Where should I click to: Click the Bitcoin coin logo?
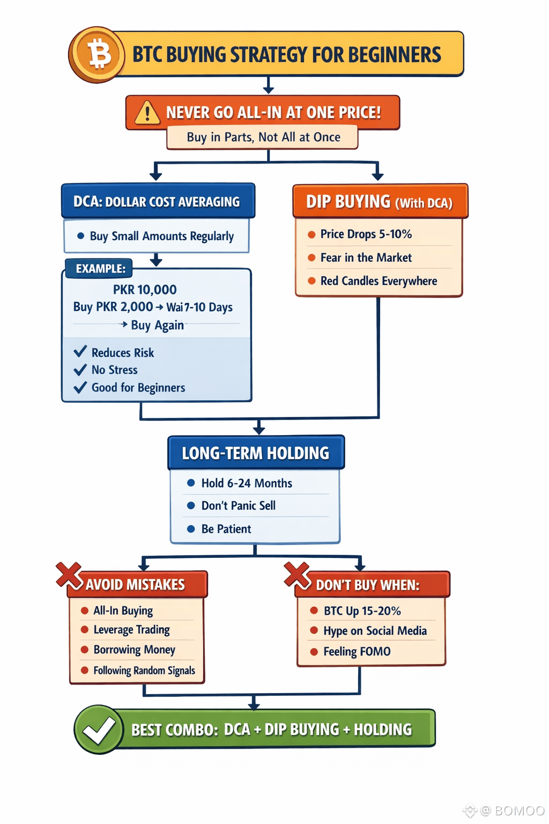(97, 55)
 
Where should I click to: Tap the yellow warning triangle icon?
(147, 113)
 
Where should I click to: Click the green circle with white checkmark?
(99, 730)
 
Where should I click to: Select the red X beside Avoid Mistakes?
(69, 575)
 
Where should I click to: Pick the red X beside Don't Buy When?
(297, 575)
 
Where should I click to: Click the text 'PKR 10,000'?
(145, 290)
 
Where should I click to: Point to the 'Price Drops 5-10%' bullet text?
(366, 234)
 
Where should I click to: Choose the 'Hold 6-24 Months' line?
(247, 483)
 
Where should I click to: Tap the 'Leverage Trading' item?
(131, 629)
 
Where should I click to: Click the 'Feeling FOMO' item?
(357, 651)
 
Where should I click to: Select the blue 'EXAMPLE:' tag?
(100, 268)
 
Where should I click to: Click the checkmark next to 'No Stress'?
(80, 370)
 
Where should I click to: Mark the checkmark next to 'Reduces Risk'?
(80, 352)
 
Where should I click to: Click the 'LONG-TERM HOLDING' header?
(256, 453)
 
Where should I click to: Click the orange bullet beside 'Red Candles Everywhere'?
(311, 281)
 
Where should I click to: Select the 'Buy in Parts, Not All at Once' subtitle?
(263, 137)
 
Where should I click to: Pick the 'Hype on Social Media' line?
(375, 631)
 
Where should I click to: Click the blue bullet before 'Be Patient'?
(190, 529)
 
